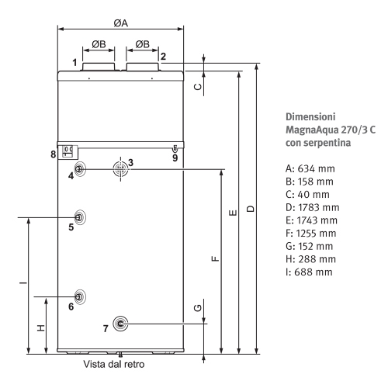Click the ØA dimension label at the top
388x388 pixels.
[121, 23]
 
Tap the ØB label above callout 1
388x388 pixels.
[99, 44]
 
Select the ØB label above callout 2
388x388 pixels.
[143, 44]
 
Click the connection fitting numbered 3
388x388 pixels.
[120, 169]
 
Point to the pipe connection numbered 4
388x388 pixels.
[79, 169]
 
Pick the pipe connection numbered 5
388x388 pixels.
[80, 217]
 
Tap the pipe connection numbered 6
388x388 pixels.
[80, 297]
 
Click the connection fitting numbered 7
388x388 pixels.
[120, 324]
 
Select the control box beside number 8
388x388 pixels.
[68, 152]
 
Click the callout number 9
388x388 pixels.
[175, 158]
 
